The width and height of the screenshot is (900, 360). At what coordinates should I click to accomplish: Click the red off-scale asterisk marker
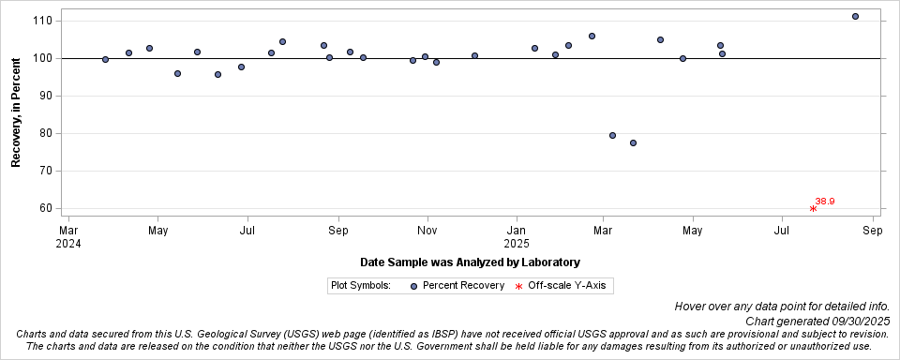pos(813,208)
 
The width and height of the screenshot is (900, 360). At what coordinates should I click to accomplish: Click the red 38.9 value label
pos(825,201)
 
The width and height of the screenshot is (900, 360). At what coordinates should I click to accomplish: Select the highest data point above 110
pos(855,16)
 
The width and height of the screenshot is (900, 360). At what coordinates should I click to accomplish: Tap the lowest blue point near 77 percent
pos(633,142)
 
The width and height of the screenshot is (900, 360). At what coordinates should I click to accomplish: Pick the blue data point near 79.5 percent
pos(612,135)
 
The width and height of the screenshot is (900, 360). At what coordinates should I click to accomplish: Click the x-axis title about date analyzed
pos(470,262)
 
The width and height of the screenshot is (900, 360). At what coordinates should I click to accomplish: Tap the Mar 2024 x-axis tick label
pos(68,236)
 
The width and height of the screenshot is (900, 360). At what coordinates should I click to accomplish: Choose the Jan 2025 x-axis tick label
pos(517,236)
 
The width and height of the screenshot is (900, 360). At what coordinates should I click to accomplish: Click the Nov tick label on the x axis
pos(427,230)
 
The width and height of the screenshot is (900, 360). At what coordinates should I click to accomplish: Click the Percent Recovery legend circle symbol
pos(413,285)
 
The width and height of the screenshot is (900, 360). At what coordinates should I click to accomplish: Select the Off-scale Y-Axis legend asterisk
pos(518,285)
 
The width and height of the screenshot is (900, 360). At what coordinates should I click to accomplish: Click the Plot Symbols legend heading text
pos(361,285)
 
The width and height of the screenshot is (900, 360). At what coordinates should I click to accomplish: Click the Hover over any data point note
pos(781,307)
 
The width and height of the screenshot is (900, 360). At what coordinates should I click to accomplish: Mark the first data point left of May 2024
pos(149,48)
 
